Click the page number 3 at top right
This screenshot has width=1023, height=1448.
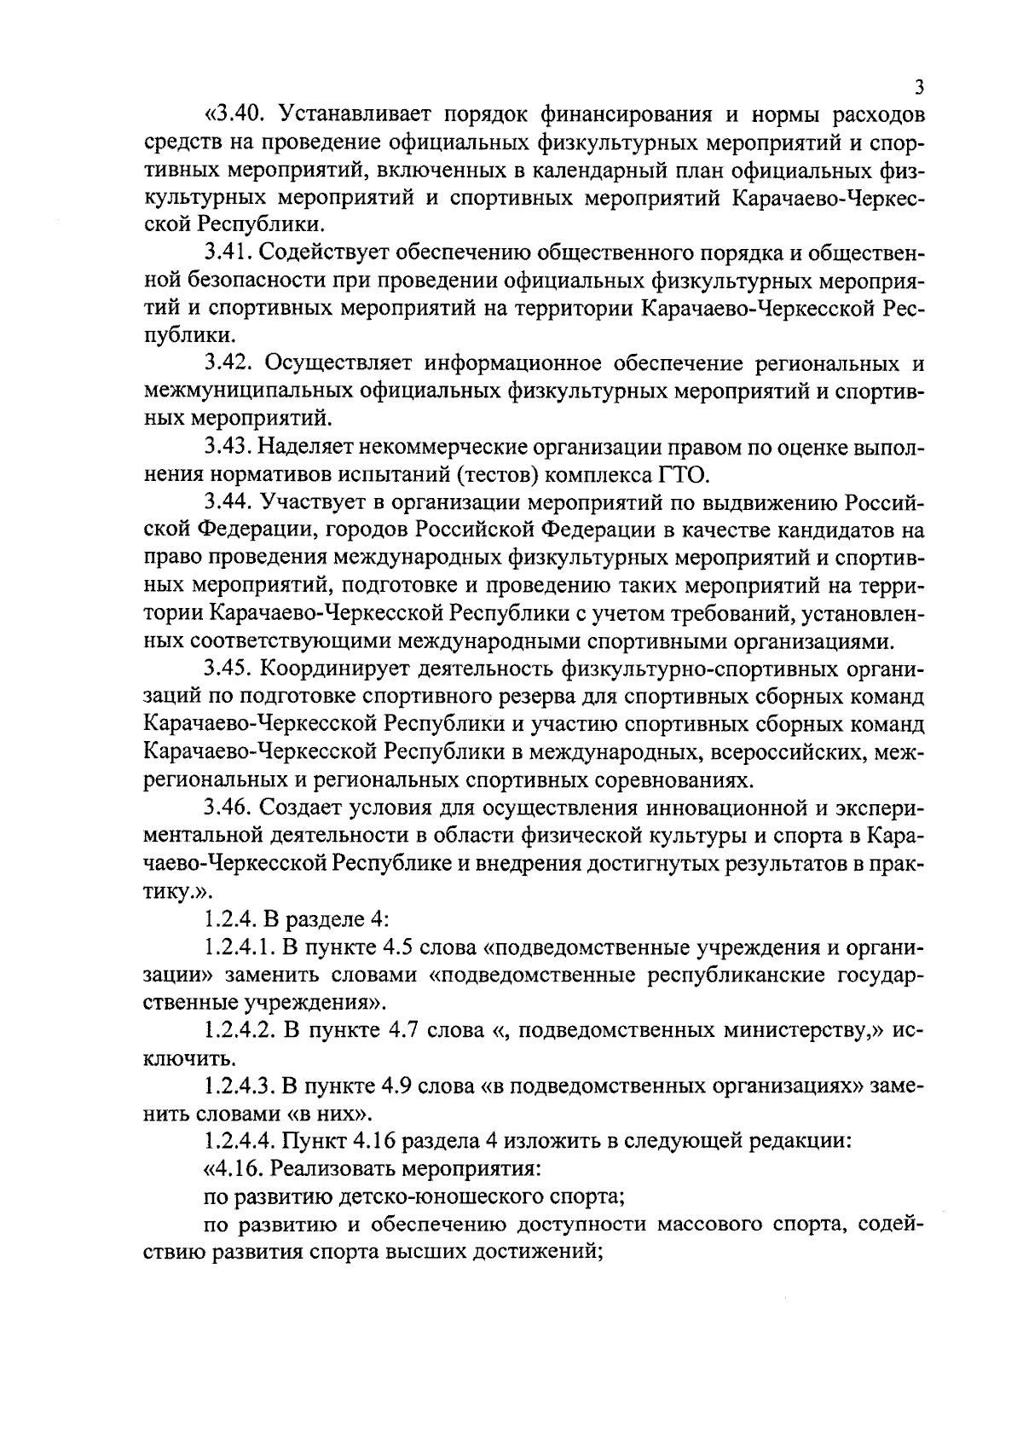[x=918, y=88]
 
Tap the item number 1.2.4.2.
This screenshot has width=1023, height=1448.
[x=242, y=1030]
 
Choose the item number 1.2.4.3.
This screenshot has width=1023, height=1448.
[x=242, y=1086]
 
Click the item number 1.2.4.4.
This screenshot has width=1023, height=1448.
[x=242, y=1141]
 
